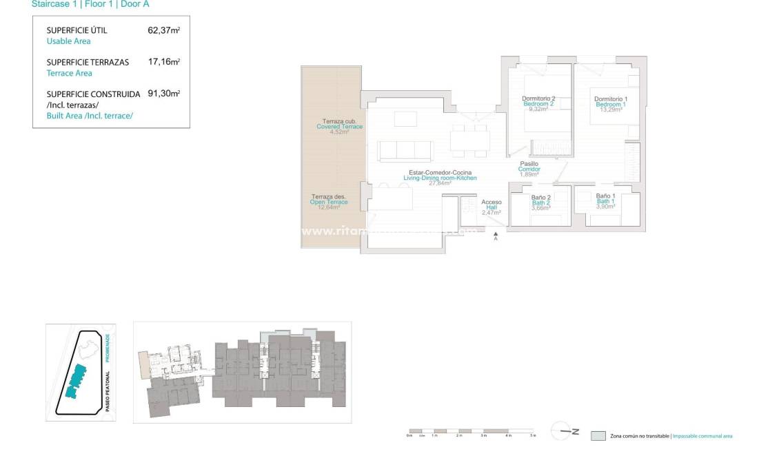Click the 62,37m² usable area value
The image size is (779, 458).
click(x=163, y=30)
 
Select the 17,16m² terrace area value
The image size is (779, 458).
click(x=163, y=62)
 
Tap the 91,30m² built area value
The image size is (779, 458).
click(x=163, y=94)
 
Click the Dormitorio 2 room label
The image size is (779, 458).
click(x=538, y=99)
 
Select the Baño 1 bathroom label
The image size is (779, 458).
click(x=605, y=196)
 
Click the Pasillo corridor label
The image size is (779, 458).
click(x=529, y=164)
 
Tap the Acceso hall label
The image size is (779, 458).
click(x=492, y=202)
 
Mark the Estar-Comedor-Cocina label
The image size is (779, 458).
click(x=440, y=173)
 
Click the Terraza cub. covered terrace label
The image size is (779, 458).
click(x=339, y=121)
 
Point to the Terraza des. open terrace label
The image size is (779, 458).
click(x=328, y=196)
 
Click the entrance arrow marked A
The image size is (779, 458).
click(x=496, y=236)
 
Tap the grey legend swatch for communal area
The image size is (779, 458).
click(x=598, y=436)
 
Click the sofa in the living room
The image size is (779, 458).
click(x=406, y=150)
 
